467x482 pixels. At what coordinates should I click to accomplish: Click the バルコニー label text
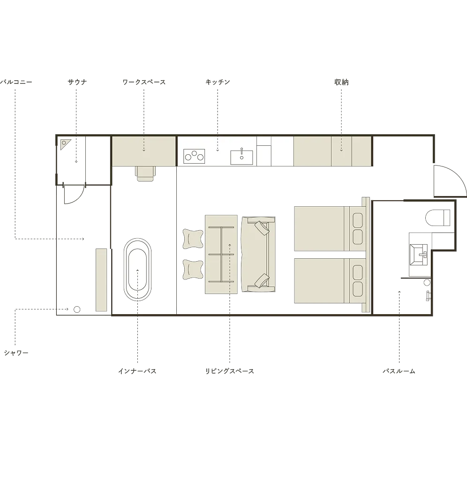pyautogui.click(x=15, y=82)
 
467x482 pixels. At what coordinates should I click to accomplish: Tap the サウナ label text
pyautogui.click(x=77, y=82)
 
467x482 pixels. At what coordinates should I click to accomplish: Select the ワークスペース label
pyautogui.click(x=144, y=82)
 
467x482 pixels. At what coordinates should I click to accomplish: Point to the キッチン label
pyautogui.click(x=218, y=82)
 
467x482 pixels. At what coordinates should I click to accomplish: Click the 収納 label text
pyautogui.click(x=341, y=82)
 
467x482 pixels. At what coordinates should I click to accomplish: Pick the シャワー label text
pyautogui.click(x=16, y=353)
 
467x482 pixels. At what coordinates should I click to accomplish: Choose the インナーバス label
pyautogui.click(x=137, y=371)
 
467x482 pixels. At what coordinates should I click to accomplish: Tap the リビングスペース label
pyautogui.click(x=230, y=371)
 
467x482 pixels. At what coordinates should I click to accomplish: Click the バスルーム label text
pyautogui.click(x=399, y=371)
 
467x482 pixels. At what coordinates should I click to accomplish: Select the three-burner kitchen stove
pyautogui.click(x=194, y=156)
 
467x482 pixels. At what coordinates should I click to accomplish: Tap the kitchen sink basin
pyautogui.click(x=241, y=157)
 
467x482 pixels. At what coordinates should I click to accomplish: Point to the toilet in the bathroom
pyautogui.click(x=438, y=218)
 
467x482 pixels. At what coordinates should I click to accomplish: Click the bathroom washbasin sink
pyautogui.click(x=419, y=255)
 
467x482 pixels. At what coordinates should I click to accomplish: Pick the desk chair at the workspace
pyautogui.click(x=145, y=173)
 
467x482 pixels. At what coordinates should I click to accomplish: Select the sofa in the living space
pyautogui.click(x=258, y=254)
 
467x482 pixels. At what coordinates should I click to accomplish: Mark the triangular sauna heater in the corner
pyautogui.click(x=65, y=144)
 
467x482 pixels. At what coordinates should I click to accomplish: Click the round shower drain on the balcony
pyautogui.click(x=77, y=309)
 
